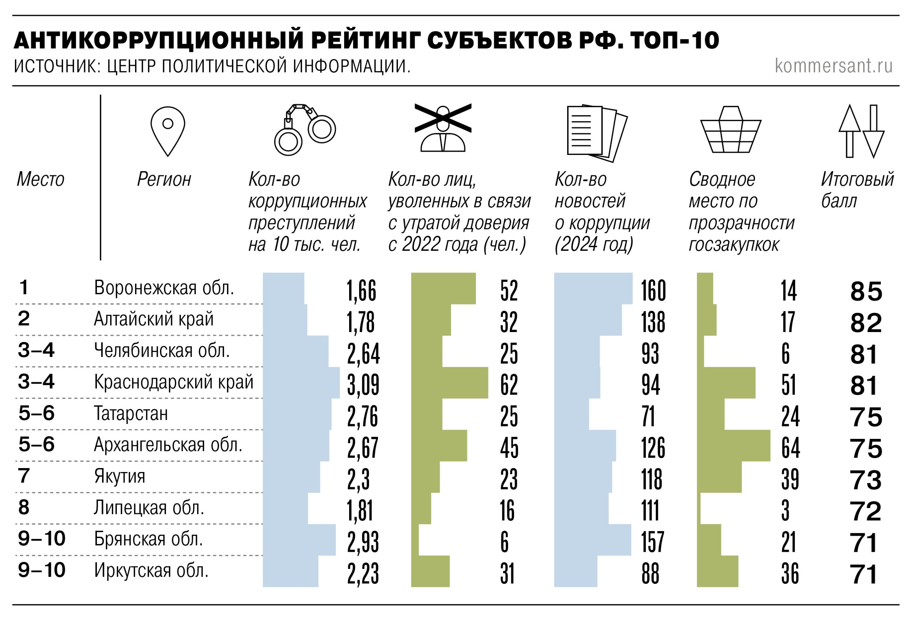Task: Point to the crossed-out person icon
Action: [443, 128]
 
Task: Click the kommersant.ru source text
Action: [834, 66]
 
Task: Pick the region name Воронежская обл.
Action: [164, 288]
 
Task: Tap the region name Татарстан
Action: [131, 413]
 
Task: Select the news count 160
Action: [653, 290]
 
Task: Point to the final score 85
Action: [866, 291]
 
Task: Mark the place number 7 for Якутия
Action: [24, 476]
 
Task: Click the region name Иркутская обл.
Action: [151, 570]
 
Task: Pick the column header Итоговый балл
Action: [857, 190]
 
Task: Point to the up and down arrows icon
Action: [861, 131]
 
